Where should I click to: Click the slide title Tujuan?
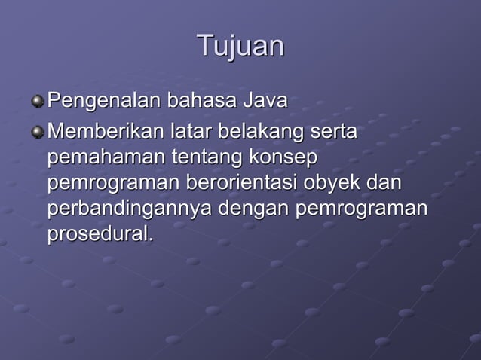click(x=240, y=46)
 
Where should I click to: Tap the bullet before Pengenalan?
click(x=38, y=100)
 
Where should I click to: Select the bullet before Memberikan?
click(x=38, y=132)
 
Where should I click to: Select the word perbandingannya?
click(x=129, y=209)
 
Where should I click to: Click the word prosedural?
click(x=100, y=234)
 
